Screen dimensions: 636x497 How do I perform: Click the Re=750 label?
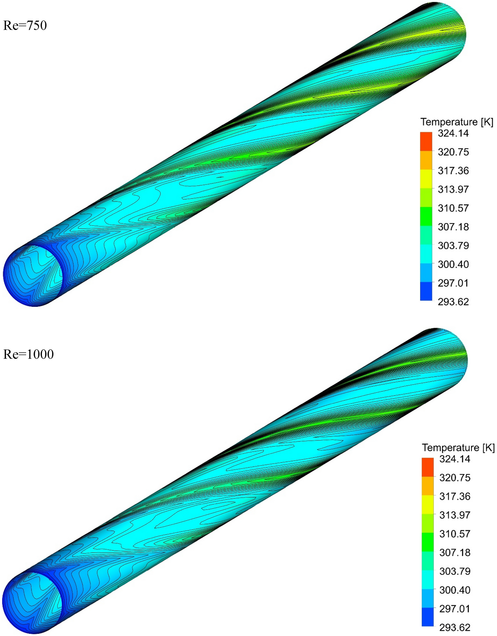[25, 25]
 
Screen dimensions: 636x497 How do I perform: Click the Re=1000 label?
[28, 354]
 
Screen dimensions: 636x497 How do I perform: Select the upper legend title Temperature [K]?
[456, 122]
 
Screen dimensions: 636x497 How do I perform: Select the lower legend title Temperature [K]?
[458, 448]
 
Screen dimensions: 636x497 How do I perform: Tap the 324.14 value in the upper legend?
[453, 133]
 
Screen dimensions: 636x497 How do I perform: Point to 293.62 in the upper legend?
[453, 302]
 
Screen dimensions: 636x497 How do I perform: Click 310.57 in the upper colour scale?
[453, 208]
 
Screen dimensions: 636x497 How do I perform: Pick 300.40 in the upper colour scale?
[453, 264]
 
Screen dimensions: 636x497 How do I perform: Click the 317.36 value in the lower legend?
[454, 496]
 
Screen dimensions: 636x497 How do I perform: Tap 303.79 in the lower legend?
[454, 571]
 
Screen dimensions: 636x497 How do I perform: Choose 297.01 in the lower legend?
[454, 608]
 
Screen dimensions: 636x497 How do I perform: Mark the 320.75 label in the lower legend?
[454, 478]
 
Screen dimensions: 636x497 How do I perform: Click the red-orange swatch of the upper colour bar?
[426, 141]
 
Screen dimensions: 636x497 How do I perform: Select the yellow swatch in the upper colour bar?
[426, 179]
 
